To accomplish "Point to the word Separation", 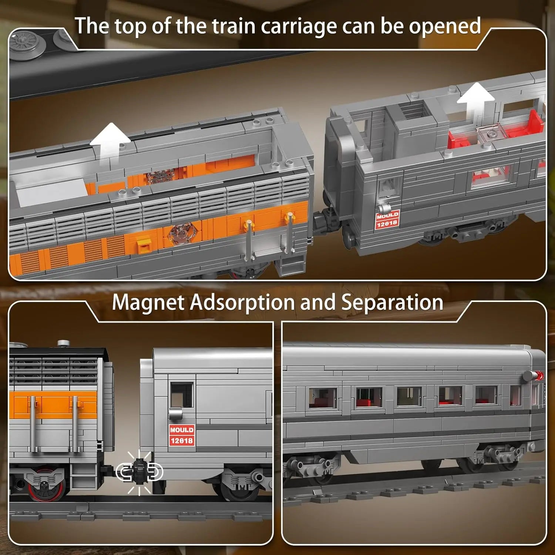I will (392, 302).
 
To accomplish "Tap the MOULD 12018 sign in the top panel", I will (387, 219).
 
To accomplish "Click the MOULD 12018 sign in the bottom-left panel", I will (181, 435).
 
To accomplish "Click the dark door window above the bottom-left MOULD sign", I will (181, 395).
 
